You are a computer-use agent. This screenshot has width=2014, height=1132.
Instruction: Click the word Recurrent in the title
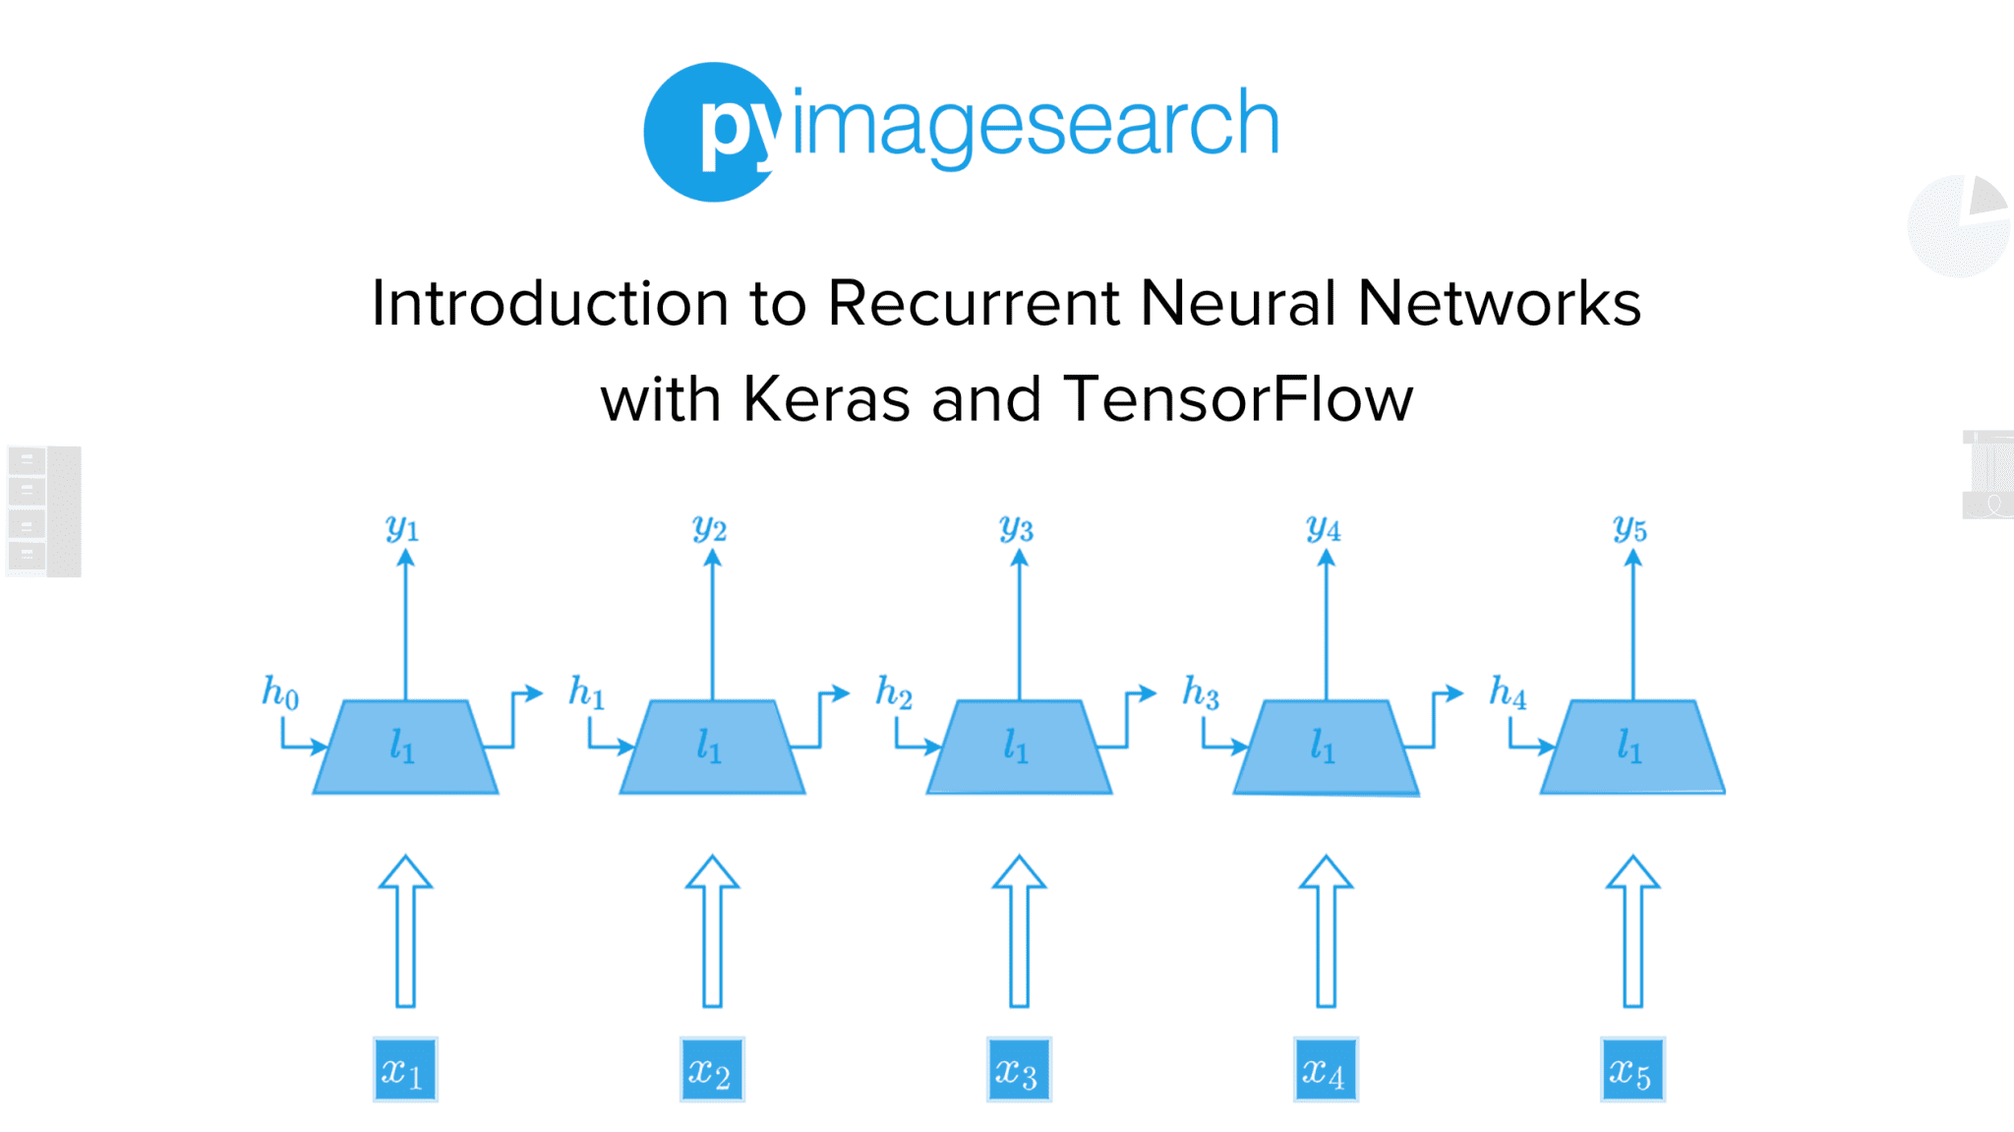coord(974,303)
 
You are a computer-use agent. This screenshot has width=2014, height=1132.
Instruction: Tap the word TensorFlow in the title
coord(1237,399)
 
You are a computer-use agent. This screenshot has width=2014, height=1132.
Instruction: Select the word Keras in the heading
coord(826,399)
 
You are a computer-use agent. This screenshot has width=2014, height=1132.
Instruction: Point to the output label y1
coord(402,529)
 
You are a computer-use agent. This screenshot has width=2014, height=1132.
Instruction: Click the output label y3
coord(1017,529)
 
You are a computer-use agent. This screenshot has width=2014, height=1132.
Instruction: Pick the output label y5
coord(1630,529)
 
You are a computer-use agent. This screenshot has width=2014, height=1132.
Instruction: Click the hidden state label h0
coord(280,691)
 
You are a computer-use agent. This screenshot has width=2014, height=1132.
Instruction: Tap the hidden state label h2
coord(894,691)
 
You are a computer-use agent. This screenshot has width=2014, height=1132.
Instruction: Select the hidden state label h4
coord(1508,691)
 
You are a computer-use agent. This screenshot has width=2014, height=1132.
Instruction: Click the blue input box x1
coord(404,1070)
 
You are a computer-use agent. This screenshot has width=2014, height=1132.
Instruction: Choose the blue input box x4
coord(1325,1070)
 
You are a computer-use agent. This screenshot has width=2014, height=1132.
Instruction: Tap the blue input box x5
coord(1632,1070)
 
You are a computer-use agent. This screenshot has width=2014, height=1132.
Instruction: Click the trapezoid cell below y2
coord(712,747)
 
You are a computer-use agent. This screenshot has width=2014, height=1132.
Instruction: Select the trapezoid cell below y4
coord(1326,747)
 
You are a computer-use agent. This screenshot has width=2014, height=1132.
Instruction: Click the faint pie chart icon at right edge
coord(1958,227)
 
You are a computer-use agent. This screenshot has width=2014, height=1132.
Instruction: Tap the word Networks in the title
coord(1499,303)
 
